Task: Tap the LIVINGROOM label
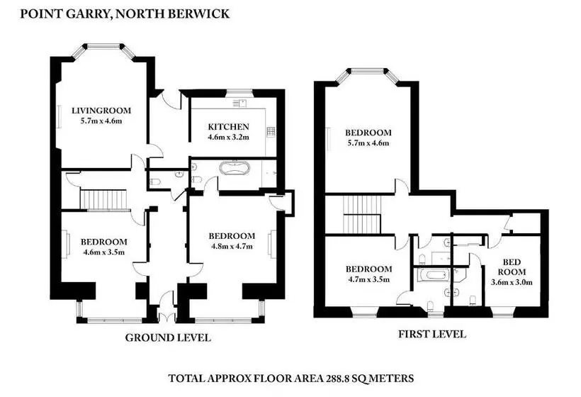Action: click(98, 109)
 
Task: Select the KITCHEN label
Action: click(228, 126)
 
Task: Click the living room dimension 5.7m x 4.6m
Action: click(98, 121)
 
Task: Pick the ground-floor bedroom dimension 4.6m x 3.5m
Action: click(103, 252)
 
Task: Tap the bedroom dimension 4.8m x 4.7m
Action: click(232, 247)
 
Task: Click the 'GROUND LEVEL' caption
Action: click(168, 337)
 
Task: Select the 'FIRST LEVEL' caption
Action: click(431, 334)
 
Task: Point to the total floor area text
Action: click(290, 379)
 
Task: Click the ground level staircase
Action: click(104, 199)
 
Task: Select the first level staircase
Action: click(361, 214)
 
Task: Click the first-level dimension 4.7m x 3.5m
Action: click(368, 280)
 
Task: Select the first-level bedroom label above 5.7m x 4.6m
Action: click(368, 132)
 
